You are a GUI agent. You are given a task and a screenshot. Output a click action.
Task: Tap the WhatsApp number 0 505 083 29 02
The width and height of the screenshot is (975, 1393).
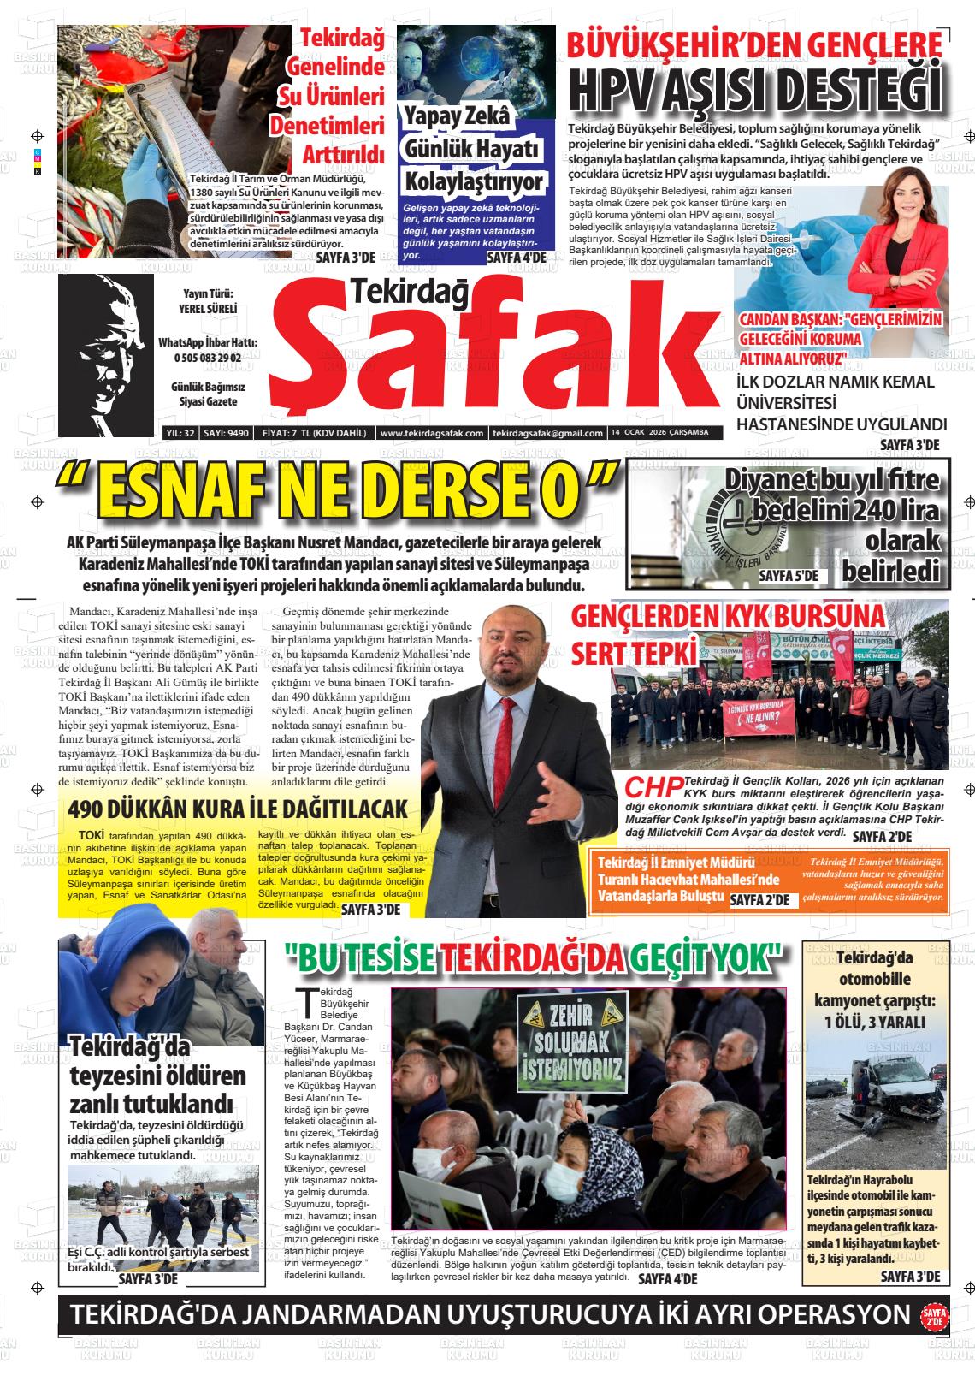(x=207, y=358)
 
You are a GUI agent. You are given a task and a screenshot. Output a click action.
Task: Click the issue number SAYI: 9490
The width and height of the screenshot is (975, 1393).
(x=227, y=433)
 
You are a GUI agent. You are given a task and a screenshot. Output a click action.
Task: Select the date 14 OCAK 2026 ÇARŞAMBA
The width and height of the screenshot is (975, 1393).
(x=659, y=433)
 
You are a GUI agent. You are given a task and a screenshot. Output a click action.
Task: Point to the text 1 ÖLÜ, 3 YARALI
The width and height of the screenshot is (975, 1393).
(x=874, y=1022)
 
